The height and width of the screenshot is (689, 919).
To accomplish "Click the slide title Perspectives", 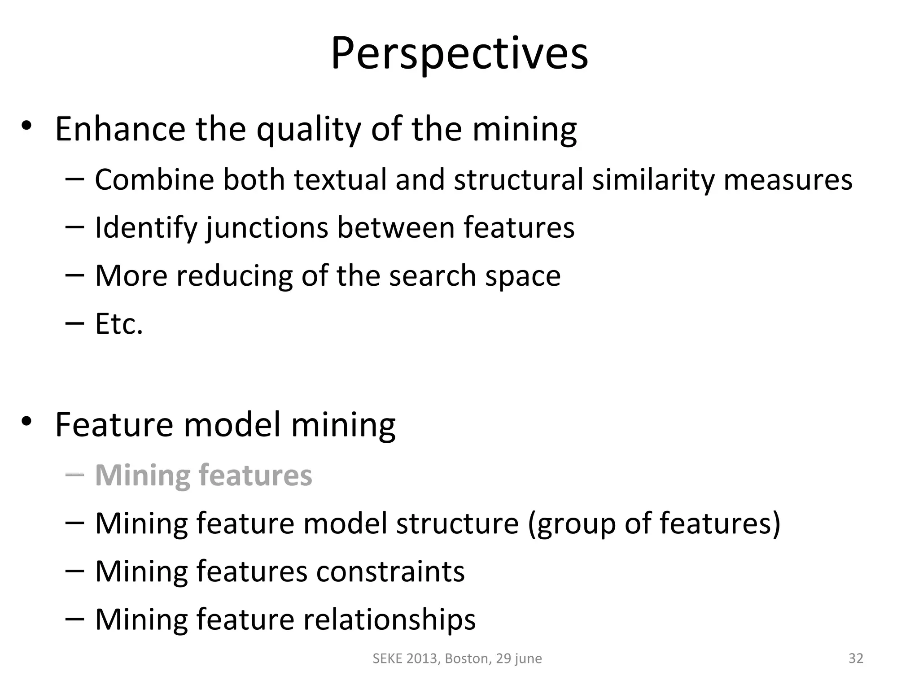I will (x=459, y=54).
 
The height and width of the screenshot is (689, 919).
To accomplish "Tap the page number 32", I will (x=856, y=658).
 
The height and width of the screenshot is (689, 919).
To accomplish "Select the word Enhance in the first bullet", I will (x=120, y=129).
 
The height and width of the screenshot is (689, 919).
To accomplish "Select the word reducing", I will (x=234, y=276).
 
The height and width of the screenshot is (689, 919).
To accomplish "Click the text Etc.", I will (x=119, y=323).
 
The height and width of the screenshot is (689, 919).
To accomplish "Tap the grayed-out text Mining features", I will (x=203, y=475).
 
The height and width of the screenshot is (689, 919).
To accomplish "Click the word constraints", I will (x=390, y=571).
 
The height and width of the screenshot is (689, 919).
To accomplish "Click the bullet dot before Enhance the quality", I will (x=27, y=125).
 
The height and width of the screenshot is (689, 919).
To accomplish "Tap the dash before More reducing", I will (x=74, y=275).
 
